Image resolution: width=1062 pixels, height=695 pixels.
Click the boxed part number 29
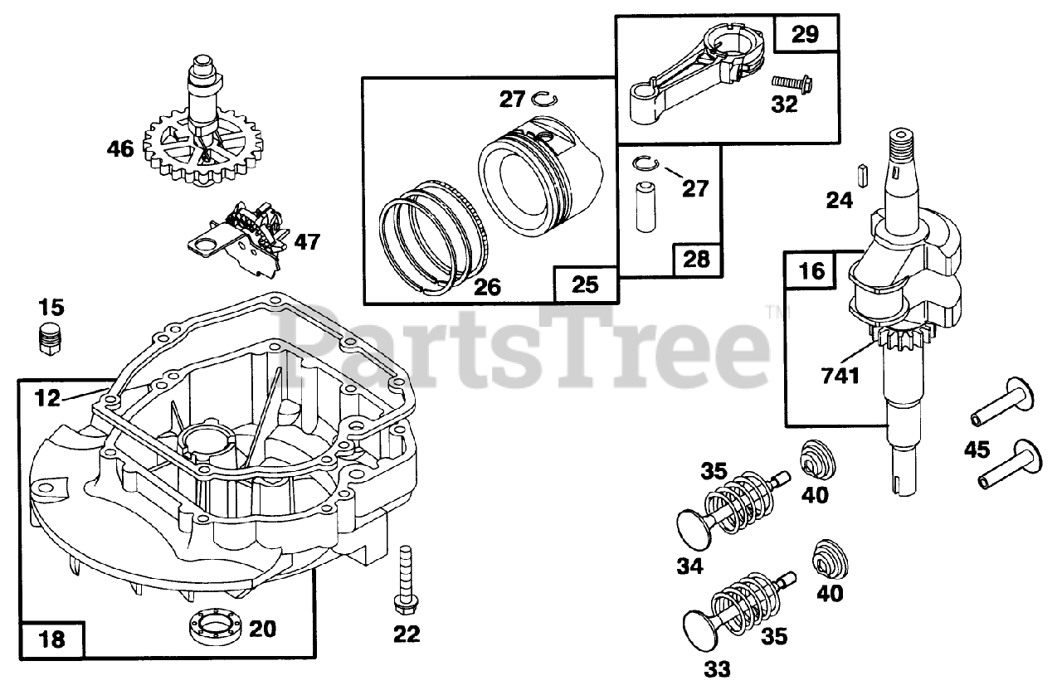(805, 34)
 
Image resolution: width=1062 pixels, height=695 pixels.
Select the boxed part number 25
(585, 284)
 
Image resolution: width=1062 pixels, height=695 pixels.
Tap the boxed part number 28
(696, 260)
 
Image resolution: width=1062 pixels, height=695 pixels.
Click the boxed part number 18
(51, 639)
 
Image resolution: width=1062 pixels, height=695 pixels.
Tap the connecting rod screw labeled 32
(792, 82)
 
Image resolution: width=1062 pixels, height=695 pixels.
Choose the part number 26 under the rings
(487, 287)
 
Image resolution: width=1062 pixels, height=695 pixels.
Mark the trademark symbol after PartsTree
(772, 312)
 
